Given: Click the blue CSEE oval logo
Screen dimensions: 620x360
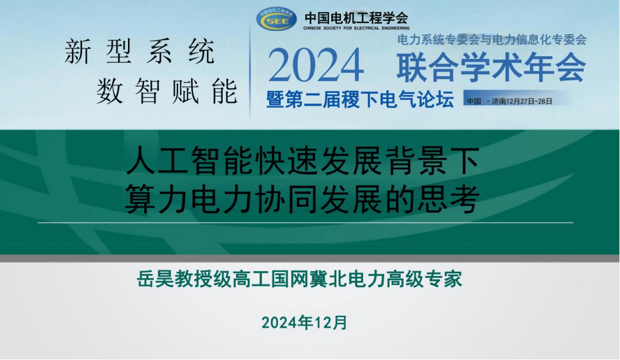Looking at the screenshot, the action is click(276, 18).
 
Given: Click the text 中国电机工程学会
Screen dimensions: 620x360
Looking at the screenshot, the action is click(356, 17).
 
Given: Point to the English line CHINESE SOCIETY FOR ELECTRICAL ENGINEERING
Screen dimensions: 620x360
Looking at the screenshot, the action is click(356, 28).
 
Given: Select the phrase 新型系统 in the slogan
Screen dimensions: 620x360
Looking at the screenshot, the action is click(139, 51).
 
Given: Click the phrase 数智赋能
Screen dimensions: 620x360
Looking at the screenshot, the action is click(166, 91).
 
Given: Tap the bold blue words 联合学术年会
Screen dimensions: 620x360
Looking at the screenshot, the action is click(491, 67).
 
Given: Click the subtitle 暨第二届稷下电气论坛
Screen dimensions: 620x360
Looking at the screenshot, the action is click(360, 99).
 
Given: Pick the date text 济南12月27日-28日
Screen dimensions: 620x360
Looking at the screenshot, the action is click(522, 101).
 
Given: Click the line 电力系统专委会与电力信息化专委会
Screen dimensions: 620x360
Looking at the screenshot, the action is click(491, 40).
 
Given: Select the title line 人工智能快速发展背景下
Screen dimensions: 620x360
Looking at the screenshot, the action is click(303, 160).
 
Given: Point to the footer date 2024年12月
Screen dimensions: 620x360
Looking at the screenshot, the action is click(304, 323).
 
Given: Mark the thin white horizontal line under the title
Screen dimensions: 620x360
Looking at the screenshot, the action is click(305, 223).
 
